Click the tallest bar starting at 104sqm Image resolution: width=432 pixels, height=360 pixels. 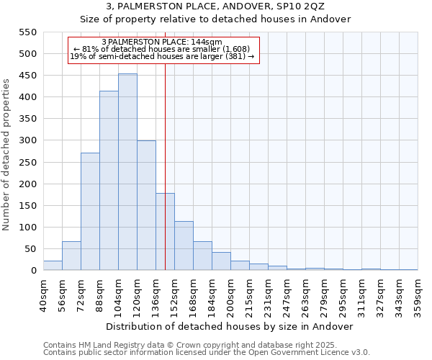coord(127,172)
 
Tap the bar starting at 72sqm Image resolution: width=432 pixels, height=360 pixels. coord(90,212)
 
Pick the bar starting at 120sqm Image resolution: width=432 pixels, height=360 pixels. coord(146,205)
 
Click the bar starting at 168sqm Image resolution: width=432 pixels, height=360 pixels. coord(202,256)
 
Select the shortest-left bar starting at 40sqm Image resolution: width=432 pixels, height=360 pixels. coord(53,266)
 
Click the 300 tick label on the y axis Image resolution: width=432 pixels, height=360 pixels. coord(27,140)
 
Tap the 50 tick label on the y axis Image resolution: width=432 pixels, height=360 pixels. coord(30,249)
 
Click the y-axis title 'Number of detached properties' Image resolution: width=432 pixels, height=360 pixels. coord(7,155)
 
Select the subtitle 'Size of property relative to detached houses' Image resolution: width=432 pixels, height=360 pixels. coord(215,19)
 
